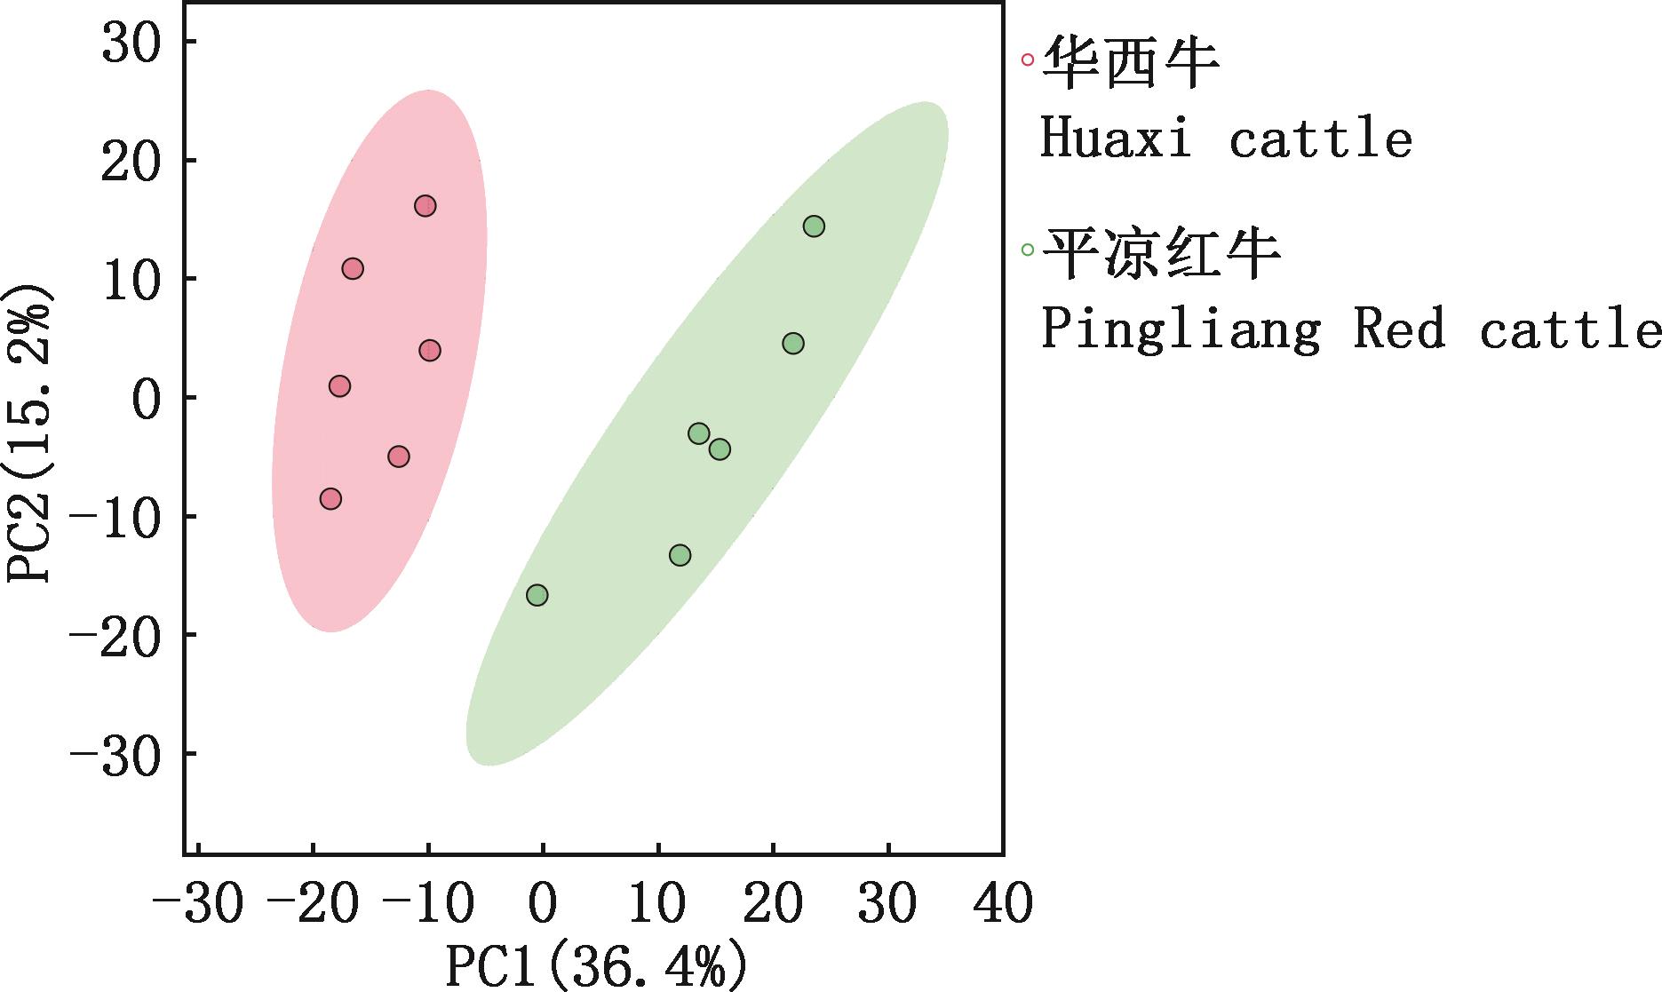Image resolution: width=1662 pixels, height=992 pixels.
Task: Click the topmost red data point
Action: [425, 206]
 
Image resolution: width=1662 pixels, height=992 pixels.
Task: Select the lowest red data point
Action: [330, 499]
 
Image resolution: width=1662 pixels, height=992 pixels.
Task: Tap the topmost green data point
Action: [814, 226]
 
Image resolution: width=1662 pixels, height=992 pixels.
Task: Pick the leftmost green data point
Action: [537, 595]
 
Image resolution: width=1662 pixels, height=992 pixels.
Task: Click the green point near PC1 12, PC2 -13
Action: [680, 555]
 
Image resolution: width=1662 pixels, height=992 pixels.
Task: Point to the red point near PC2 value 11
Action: [353, 268]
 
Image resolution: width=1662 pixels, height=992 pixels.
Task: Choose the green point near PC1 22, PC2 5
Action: [793, 343]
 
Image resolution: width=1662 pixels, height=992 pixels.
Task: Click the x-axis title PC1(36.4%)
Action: [595, 966]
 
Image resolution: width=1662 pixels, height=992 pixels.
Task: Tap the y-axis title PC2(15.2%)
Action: [28, 433]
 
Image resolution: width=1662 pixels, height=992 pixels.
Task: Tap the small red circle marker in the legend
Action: [1028, 60]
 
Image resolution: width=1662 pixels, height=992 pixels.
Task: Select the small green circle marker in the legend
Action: [1028, 250]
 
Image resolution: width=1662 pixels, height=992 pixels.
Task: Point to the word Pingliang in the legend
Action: [1180, 330]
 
